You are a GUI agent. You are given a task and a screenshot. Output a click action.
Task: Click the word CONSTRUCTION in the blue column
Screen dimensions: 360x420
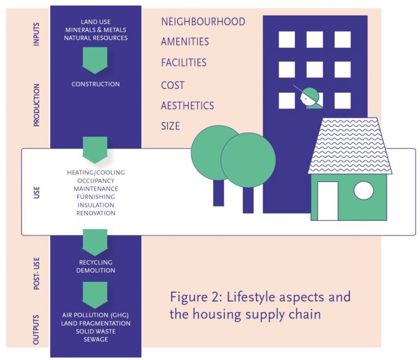[x=96, y=84]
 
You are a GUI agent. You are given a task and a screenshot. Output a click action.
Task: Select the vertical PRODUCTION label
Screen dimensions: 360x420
[x=37, y=105]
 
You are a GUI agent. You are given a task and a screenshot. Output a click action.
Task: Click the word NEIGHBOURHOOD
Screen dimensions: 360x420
[x=203, y=22]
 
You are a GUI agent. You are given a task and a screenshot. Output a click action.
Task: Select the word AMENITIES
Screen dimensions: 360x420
[x=185, y=42]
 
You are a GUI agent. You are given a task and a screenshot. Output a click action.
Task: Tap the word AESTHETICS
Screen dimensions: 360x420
[x=187, y=105]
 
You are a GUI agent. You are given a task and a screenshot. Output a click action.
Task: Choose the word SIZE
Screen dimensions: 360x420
[x=170, y=126]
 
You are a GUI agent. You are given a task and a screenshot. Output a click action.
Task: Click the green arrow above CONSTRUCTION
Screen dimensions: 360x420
[x=96, y=60]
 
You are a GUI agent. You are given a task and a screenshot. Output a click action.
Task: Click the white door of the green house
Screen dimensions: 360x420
[x=328, y=200]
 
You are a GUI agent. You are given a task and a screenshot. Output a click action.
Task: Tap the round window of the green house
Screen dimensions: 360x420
[x=364, y=191]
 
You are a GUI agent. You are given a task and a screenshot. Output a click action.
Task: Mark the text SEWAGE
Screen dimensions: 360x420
[x=96, y=339]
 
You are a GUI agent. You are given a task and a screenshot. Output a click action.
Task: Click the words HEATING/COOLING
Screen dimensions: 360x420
[x=96, y=173]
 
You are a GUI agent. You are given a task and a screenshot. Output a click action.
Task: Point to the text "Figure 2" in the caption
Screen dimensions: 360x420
[x=194, y=298]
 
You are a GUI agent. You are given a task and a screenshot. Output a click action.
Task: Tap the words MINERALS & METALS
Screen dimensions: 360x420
[x=96, y=29]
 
